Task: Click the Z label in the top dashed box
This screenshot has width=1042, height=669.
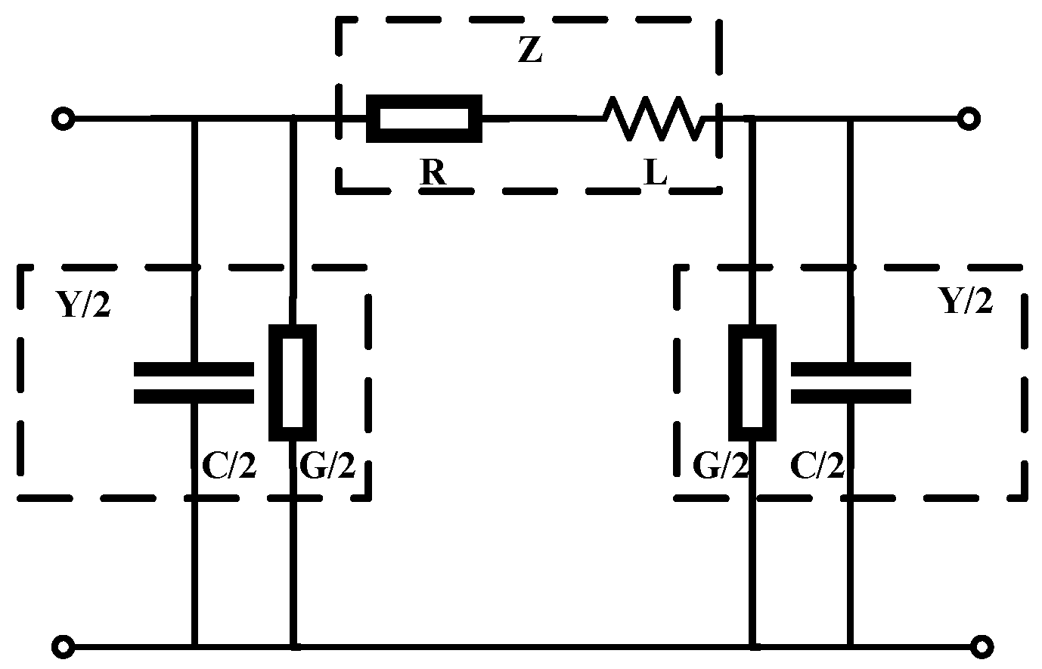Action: (x=529, y=51)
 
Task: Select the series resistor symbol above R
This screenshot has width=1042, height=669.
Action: (x=423, y=119)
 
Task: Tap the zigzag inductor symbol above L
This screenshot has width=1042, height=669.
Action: (x=655, y=119)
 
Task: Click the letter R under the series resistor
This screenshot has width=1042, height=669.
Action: (x=433, y=173)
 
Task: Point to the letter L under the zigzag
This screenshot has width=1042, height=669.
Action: (x=655, y=174)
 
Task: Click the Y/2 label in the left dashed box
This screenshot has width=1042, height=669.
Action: (x=83, y=304)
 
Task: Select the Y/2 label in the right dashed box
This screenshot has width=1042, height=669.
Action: (x=965, y=302)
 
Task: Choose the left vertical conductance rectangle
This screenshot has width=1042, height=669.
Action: (x=293, y=383)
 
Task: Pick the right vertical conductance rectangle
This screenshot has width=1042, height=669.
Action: (x=752, y=383)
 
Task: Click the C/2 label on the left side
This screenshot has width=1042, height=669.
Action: (x=230, y=467)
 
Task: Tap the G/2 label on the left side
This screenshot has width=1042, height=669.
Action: (x=327, y=467)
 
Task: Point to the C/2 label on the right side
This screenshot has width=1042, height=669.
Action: (x=817, y=467)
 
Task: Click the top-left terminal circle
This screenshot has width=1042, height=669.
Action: (x=63, y=119)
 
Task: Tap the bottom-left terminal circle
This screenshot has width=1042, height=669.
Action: (x=63, y=647)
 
